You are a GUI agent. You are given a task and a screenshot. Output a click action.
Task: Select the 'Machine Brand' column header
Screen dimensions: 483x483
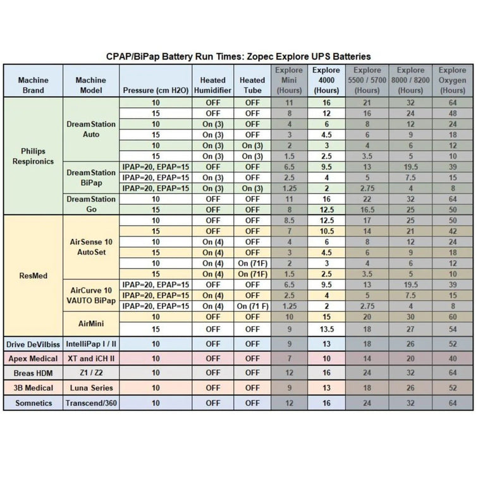tap(34, 85)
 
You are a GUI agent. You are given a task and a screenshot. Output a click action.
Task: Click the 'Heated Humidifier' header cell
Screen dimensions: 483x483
tap(212, 85)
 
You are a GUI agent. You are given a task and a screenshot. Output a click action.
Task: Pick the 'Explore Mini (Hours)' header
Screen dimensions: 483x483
tap(290, 80)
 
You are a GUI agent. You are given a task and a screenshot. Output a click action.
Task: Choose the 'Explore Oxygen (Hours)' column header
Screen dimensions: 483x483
tap(452, 80)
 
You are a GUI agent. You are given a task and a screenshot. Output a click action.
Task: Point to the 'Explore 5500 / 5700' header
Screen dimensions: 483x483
tap(367, 80)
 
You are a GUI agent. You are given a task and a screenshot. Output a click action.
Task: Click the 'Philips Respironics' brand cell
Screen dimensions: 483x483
tap(34, 156)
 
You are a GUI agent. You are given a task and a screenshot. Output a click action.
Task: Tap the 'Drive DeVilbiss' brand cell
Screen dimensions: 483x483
tap(34, 345)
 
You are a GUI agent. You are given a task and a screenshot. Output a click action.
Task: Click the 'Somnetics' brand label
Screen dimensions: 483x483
tap(34, 403)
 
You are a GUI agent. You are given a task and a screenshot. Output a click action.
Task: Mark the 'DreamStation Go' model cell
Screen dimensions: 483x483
tap(91, 204)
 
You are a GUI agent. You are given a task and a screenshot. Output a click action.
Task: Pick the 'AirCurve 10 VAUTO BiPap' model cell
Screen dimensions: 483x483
tap(91, 295)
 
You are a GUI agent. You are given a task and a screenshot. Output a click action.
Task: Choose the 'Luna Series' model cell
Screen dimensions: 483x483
tap(91, 388)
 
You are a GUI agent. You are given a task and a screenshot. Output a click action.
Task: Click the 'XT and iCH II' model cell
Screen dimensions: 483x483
tap(91, 358)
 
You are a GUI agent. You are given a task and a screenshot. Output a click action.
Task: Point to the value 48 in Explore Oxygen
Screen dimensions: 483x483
tap(452, 113)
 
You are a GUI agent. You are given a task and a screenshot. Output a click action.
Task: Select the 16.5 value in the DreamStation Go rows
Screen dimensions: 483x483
tap(367, 209)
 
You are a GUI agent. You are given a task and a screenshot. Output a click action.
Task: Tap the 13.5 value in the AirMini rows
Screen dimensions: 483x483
tap(326, 329)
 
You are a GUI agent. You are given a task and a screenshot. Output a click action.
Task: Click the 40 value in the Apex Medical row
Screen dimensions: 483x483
tap(452, 358)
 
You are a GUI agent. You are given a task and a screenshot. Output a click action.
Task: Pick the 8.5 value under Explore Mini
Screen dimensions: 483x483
tap(290, 220)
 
